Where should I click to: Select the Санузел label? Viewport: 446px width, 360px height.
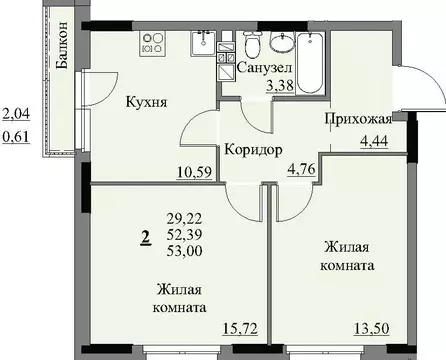264,67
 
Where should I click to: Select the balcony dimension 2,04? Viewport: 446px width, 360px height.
16,115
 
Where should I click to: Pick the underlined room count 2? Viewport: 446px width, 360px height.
146,236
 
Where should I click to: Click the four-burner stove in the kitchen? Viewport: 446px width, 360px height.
156,44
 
